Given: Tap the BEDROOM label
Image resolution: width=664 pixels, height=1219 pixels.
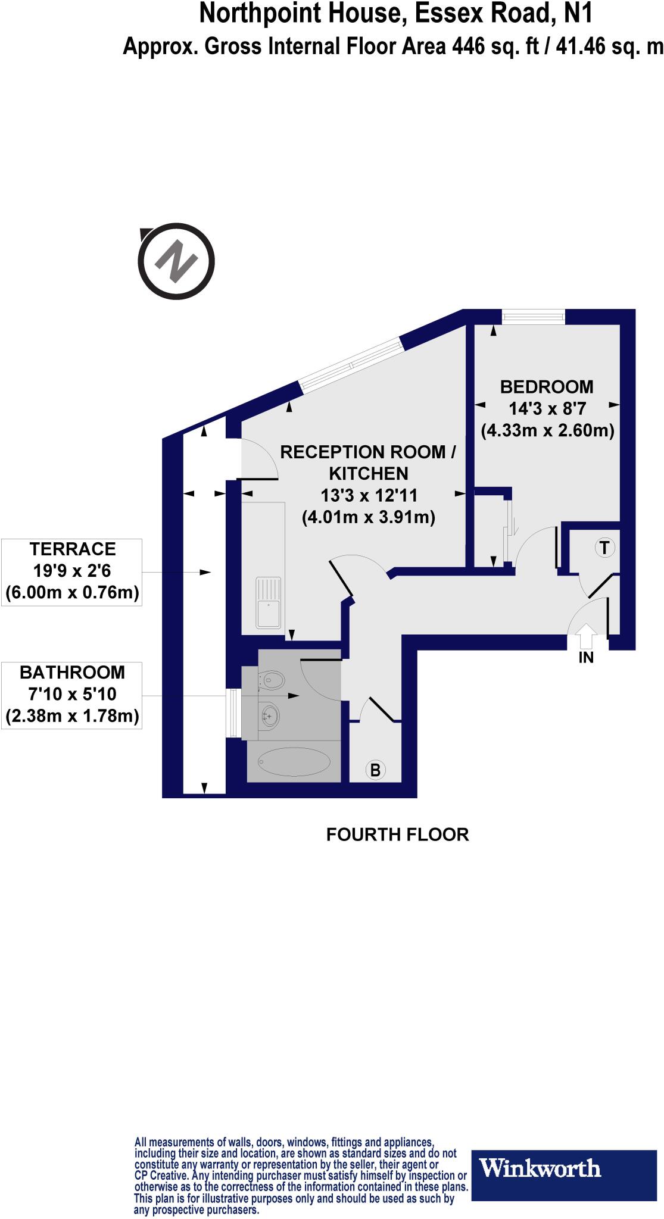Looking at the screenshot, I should (547, 387).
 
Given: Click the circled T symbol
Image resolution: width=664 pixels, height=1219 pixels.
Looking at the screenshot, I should (604, 547).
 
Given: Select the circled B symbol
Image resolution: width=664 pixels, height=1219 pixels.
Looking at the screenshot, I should (375, 770).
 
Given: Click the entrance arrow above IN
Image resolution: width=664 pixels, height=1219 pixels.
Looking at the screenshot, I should (586, 635).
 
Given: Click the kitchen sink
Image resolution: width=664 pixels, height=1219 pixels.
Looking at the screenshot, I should (269, 602).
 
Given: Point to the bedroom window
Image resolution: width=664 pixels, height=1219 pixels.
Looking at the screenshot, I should (533, 317).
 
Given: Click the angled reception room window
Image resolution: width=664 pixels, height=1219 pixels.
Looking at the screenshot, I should (351, 365).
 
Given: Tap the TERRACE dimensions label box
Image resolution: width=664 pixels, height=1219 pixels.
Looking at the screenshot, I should (72, 571).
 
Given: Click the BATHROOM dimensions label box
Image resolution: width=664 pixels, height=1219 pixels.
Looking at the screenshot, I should (72, 695).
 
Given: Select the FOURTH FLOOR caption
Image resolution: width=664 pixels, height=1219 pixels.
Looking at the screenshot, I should (397, 834).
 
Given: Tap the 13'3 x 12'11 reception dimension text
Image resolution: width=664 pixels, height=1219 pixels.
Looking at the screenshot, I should (369, 495).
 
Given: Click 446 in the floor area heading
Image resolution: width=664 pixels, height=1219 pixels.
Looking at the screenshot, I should (469, 46).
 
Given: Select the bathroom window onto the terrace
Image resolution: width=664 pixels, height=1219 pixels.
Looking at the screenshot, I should (233, 714).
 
